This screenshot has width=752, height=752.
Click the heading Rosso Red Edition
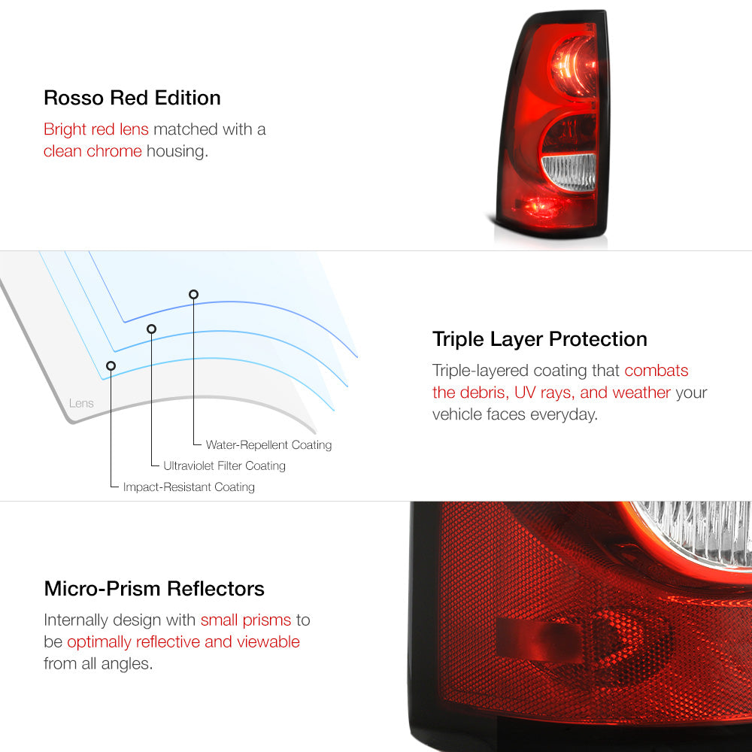point(132,98)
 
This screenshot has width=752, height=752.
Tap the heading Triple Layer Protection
point(539,339)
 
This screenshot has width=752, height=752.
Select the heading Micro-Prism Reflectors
point(154,589)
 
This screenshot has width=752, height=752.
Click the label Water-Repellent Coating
point(268,444)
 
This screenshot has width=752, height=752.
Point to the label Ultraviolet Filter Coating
point(224,465)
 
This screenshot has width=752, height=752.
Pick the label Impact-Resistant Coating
point(189,487)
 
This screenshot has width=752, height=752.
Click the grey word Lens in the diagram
point(81,403)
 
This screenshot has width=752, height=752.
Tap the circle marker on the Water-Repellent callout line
point(193,295)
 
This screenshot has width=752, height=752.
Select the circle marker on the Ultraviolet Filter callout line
point(152,329)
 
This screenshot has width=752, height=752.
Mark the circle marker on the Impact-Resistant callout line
point(111,366)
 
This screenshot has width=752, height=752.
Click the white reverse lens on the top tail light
point(569,171)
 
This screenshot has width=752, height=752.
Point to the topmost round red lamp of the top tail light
point(573,65)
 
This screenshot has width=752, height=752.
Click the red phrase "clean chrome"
point(92,151)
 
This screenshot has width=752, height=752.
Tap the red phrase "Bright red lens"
point(96,129)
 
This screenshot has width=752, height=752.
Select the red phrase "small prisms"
point(246,620)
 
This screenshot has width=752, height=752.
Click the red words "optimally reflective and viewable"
point(183,641)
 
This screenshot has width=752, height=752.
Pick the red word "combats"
point(656,370)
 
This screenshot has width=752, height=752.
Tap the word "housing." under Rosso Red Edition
point(177,151)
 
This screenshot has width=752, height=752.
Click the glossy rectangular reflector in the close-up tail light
point(539,639)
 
